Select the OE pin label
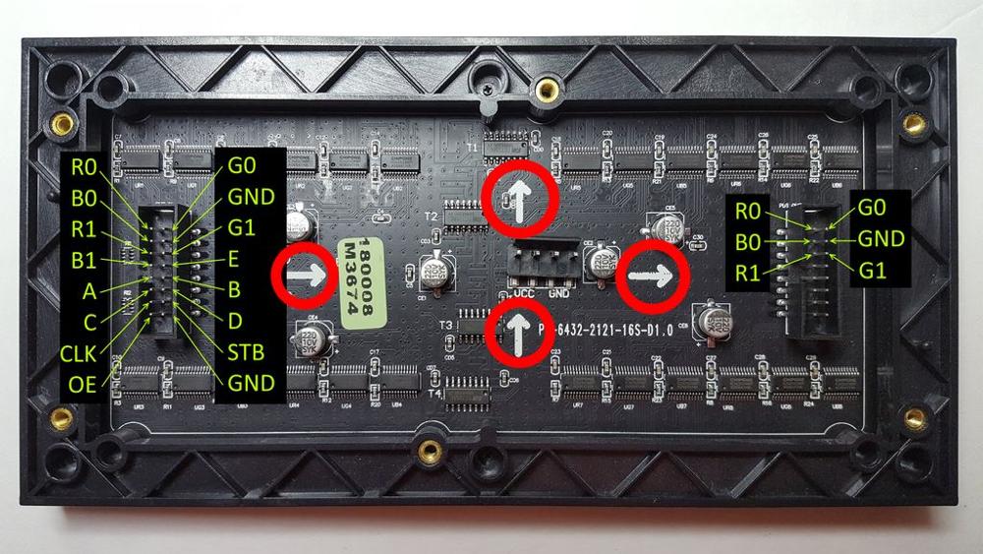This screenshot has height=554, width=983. pyautogui.click(x=83, y=385)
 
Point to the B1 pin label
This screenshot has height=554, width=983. pyautogui.click(x=86, y=261)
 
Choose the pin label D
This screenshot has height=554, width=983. pyautogui.click(x=235, y=322)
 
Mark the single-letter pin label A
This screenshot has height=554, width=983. pyautogui.click(x=91, y=292)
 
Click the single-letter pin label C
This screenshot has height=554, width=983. pyautogui.click(x=90, y=323)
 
